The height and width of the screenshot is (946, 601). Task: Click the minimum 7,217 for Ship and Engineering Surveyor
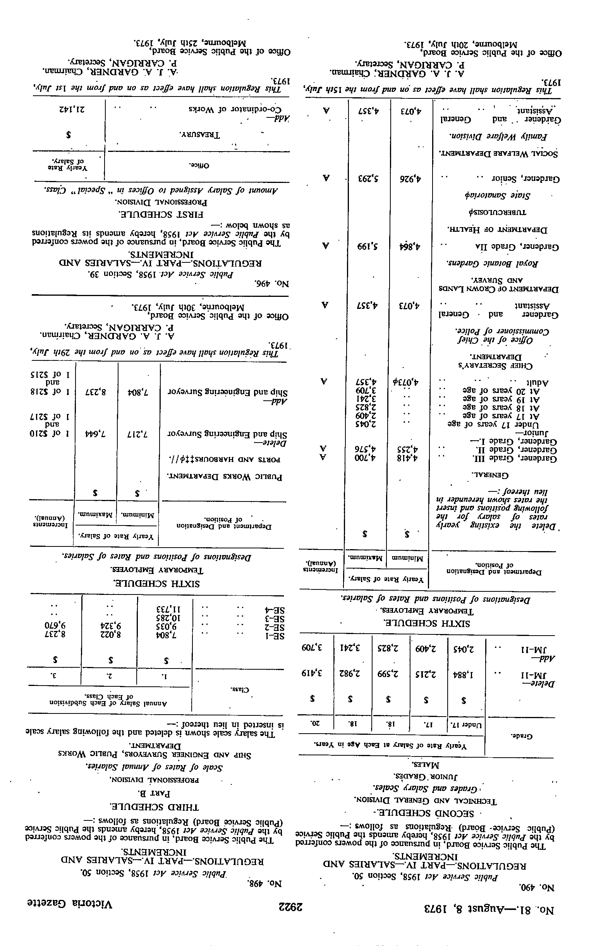pos(138,434)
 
